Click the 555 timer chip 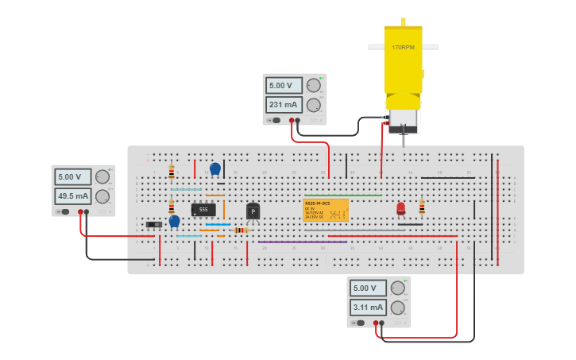[x=203, y=210]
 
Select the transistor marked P [x=253, y=211]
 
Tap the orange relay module [x=326, y=210]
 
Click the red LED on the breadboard [x=400, y=208]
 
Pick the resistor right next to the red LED [x=422, y=207]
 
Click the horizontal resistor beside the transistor [x=241, y=230]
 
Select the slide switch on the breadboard [x=154, y=224]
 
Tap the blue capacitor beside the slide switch [x=175, y=221]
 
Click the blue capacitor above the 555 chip [x=215, y=168]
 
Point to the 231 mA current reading [x=283, y=105]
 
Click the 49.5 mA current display [x=72, y=196]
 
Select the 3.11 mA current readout [x=368, y=308]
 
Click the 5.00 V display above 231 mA [x=283, y=86]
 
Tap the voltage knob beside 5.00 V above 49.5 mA [x=102, y=176]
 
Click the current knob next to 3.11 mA [x=398, y=308]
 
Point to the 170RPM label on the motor [x=403, y=48]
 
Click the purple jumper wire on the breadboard [x=302, y=242]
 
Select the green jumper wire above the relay [x=342, y=195]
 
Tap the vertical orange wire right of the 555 [x=224, y=210]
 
